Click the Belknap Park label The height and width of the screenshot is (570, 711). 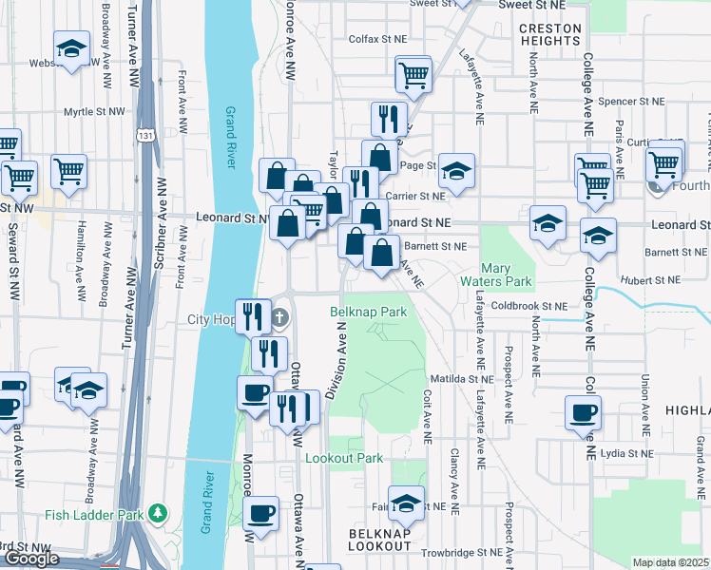coord(369,312)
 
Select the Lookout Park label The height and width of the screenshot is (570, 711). coord(344,458)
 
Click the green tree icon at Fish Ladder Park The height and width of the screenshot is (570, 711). coord(158,515)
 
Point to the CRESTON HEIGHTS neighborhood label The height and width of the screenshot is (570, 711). coord(550,35)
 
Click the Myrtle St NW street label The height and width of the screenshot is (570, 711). coord(94,112)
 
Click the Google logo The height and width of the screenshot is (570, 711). coord(31,559)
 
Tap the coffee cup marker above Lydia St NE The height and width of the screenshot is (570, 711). coord(584,412)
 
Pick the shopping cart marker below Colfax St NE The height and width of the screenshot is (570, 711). coord(413,73)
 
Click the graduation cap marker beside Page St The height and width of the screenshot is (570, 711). coord(457,171)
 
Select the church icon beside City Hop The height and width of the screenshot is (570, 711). coord(279,316)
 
